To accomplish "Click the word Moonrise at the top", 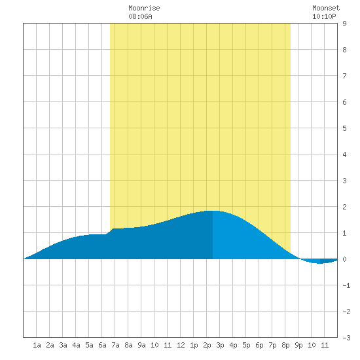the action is (x=144, y=8).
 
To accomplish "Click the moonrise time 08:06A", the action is (x=140, y=16).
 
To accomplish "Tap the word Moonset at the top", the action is (x=326, y=8).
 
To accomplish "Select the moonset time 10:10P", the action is (x=324, y=16).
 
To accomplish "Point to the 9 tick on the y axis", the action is (x=344, y=24).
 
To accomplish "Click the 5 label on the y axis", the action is (x=344, y=128).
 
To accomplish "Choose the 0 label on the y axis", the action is (x=344, y=259).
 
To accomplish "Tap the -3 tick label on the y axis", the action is (x=346, y=338).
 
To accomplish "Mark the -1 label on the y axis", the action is (x=346, y=285).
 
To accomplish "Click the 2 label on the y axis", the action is (x=344, y=207).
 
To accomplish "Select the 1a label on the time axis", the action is (x=37, y=345).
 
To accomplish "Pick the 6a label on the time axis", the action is (x=102, y=345).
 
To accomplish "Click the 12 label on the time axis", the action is (x=181, y=345).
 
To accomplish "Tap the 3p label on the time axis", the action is (x=220, y=345).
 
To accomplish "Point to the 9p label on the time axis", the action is (x=298, y=345).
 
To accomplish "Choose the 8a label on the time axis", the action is (x=128, y=345).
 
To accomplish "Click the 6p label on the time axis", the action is (x=259, y=345).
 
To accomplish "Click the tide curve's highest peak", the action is (x=213, y=211).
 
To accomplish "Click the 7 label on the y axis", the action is (x=344, y=76).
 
